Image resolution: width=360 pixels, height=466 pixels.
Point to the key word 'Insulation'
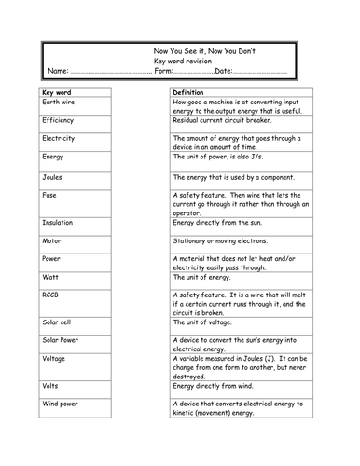(61, 221)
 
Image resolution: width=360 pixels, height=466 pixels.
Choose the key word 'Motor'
(51, 240)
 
